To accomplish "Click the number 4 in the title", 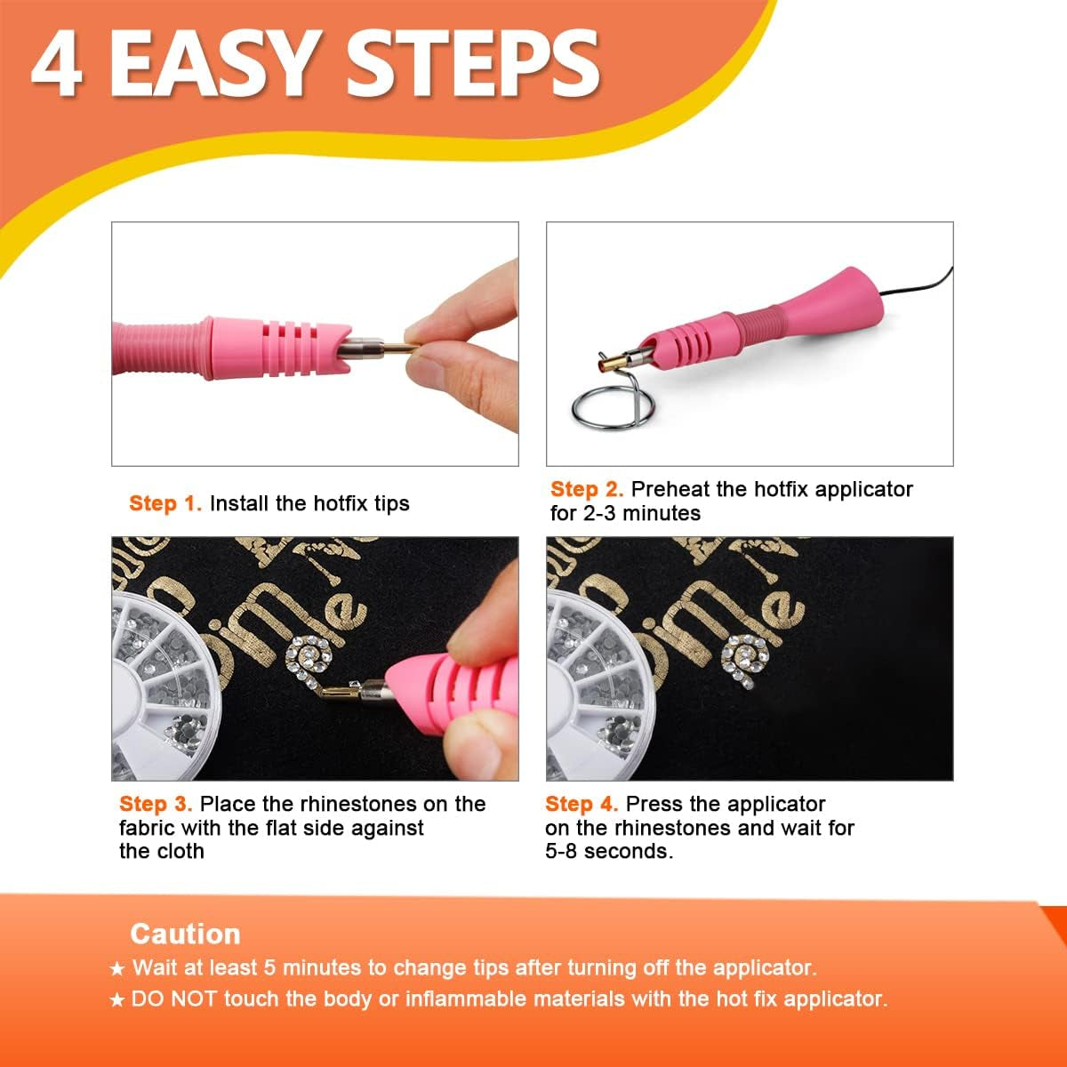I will (59, 64).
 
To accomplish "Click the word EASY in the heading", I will (214, 64).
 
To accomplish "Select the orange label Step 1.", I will (165, 503).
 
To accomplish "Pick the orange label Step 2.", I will (587, 489).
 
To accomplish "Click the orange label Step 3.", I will (156, 804).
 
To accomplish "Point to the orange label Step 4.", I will (582, 804).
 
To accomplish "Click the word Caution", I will (185, 934).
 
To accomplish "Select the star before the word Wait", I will (117, 968).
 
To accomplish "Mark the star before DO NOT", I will (117, 1000).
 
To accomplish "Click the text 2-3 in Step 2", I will (598, 513).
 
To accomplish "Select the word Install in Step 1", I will (239, 503).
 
